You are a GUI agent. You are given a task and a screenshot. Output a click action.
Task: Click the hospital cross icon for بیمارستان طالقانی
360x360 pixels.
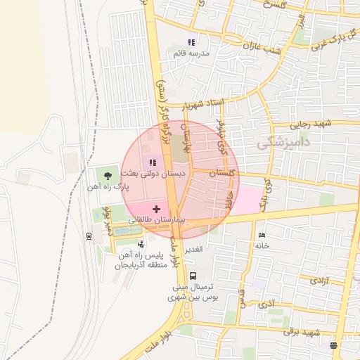(x=156, y=209)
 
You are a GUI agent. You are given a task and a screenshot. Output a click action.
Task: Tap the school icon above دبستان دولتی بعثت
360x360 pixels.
(x=153, y=163)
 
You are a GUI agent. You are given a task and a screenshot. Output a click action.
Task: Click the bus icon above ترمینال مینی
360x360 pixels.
(x=193, y=276)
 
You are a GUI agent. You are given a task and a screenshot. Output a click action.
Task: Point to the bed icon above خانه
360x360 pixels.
(x=262, y=235)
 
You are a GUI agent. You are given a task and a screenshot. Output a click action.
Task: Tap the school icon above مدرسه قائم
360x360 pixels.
(x=191, y=42)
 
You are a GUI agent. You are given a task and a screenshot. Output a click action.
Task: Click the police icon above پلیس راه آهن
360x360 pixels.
(x=141, y=244)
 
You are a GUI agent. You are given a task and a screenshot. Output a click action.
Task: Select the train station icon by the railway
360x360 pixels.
(x=89, y=236)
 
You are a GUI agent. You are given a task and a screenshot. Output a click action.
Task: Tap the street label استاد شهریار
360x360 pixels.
(x=202, y=104)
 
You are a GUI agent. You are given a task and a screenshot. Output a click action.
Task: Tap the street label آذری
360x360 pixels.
(x=267, y=304)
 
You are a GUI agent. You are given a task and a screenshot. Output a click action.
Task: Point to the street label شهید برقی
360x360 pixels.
(x=305, y=332)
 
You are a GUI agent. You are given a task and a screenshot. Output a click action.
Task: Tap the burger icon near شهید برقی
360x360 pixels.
(x=333, y=345)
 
